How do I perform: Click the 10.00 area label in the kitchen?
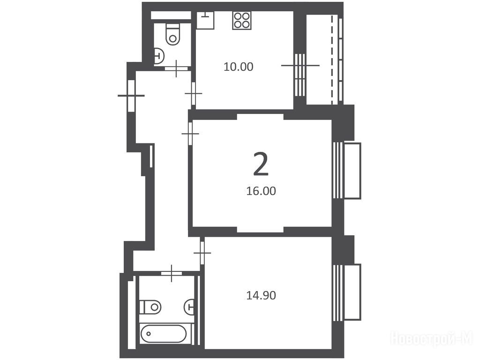coord(238,67)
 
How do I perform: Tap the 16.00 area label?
coord(261,191)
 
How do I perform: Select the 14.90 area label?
coord(261,295)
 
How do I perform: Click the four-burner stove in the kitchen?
coord(242,21)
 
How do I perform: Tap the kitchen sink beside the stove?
coord(205,20)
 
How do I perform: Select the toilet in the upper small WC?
coord(172,35)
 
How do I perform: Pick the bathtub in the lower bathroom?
coord(164,333)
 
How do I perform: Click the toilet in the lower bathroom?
coord(150,307)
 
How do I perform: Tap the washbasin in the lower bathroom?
coord(189,307)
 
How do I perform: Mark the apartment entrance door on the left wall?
coord(131,95)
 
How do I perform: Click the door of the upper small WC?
coord(176,68)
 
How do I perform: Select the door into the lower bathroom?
coord(172,273)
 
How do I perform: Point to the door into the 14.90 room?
coord(202,253)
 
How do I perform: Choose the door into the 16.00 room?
coord(190,134)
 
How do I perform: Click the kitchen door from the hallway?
coord(194,93)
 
